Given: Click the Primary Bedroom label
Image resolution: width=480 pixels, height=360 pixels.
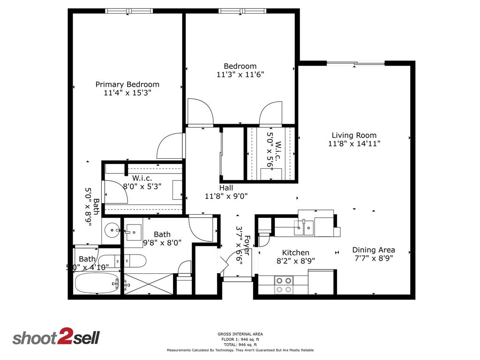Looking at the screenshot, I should tap(127, 84).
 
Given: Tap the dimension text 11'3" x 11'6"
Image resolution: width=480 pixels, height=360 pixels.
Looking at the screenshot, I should tap(240, 75).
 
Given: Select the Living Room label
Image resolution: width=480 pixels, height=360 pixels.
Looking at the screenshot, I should tap(354, 135).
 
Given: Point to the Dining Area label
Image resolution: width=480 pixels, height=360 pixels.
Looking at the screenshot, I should tap(373, 250).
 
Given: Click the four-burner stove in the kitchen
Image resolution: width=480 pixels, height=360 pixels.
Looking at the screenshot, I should tap(283, 285).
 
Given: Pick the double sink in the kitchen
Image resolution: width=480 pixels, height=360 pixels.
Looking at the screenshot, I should tap(304, 227).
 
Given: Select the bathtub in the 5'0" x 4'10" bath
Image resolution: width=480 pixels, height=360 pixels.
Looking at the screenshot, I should tap(96, 283).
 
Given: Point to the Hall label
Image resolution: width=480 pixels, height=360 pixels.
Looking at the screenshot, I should tap(226, 188).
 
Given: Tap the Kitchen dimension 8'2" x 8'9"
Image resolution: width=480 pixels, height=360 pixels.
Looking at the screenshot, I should tap(295, 261).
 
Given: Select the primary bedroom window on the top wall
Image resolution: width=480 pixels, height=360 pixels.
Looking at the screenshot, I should tap(129, 11).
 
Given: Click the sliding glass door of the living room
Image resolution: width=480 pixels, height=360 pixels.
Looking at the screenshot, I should tap(355, 63).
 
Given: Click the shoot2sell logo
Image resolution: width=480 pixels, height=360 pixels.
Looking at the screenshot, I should tap(56, 337).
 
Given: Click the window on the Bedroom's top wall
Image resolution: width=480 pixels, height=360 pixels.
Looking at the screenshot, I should tap(242, 11).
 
